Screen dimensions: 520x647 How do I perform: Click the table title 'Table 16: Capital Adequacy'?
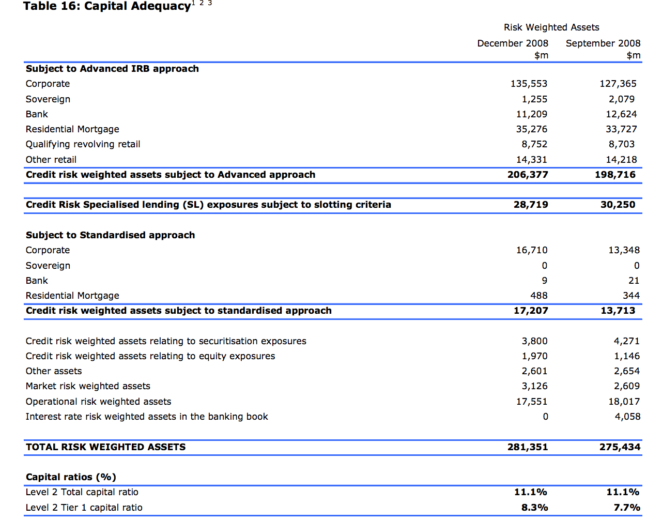107,6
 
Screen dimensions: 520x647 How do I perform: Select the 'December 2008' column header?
512,43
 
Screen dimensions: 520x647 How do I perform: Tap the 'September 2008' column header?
603,43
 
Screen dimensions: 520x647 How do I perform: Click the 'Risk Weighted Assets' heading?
551,27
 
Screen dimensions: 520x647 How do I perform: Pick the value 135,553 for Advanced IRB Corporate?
529,84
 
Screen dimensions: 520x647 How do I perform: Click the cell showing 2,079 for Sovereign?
622,99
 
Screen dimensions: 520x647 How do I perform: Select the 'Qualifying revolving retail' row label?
83,144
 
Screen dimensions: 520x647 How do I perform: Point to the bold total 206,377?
527,175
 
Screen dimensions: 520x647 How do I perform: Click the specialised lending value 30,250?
618,205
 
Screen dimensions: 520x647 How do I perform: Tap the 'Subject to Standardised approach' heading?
110,235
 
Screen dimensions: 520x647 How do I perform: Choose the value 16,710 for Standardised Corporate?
531,250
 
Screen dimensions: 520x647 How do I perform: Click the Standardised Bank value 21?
634,281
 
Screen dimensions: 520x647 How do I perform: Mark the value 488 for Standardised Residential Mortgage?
538,296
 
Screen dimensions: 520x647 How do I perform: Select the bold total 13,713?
618,311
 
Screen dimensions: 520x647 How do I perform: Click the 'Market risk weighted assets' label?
88,386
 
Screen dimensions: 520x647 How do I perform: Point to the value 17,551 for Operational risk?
531,402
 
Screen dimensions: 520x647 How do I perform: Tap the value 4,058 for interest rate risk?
627,417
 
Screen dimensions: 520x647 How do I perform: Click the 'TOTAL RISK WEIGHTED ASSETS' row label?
105,447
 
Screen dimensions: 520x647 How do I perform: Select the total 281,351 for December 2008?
527,447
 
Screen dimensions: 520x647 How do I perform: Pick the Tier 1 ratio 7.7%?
626,508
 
